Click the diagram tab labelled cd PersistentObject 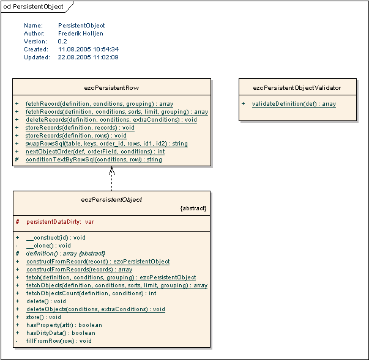34,6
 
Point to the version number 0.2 62,42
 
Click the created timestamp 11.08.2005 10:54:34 88,50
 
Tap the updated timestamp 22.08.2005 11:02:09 88,57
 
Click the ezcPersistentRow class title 112,88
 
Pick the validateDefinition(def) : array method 294,104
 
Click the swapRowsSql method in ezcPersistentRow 106,144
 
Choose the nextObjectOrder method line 95,152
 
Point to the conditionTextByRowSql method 94,160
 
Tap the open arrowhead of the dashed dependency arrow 112,171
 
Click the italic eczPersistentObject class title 111,199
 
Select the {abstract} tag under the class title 193,208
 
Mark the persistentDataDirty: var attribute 59,221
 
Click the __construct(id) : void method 56,237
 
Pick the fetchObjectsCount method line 91,293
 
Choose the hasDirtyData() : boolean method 61,333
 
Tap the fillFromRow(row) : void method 59,341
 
